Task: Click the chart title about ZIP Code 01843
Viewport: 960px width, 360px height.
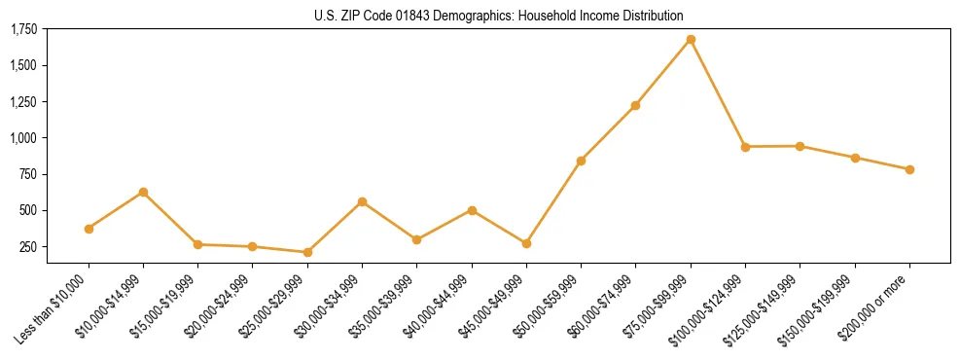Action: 499,16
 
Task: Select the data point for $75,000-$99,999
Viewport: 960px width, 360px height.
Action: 691,40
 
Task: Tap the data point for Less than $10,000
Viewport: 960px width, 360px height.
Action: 89,229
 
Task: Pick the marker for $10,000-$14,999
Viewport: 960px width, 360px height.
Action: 144,192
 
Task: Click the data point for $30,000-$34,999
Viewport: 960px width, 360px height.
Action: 363,201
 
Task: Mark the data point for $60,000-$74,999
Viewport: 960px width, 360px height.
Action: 636,105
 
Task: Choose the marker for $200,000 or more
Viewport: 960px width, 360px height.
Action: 909,169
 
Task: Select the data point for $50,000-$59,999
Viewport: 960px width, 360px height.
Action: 581,161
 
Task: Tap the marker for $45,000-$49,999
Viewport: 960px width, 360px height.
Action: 526,243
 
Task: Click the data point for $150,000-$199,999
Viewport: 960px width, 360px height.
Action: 855,158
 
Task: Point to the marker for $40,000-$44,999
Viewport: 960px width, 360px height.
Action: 472,210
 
